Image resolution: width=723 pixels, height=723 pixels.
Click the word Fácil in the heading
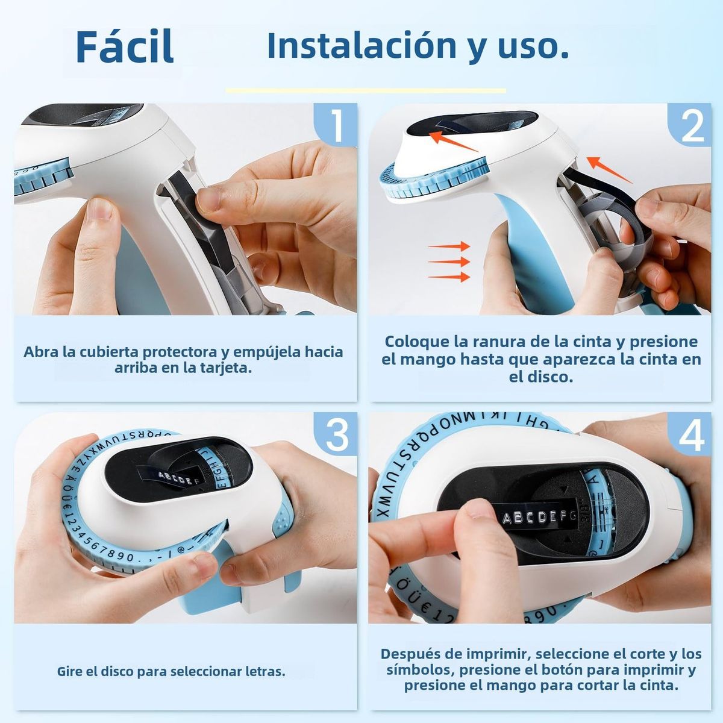125,46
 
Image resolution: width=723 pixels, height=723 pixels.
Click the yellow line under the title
366,91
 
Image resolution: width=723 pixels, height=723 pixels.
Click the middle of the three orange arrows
449,261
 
